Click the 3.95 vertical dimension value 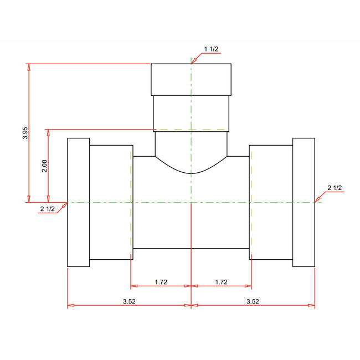click(25, 133)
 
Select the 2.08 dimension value click(45, 166)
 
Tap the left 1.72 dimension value click(161, 282)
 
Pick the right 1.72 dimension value click(221, 282)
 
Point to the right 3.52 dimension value click(252, 301)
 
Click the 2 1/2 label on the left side click(48, 209)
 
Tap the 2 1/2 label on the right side click(335, 188)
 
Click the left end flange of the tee click(78, 202)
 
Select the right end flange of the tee click(304, 202)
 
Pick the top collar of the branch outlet click(191, 79)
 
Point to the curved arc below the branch click(191, 172)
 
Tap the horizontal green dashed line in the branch click(191, 130)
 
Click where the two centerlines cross click(191, 203)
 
